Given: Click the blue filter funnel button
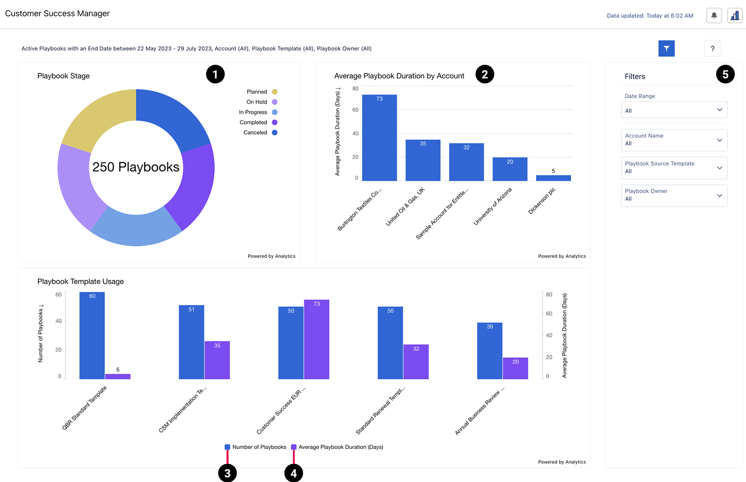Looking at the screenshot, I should pos(666,48).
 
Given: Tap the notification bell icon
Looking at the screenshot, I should pos(714,16).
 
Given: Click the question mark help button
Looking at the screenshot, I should pos(712,49).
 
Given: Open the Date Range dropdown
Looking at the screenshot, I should pos(674,110).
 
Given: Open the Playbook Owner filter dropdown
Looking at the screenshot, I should pos(674,195).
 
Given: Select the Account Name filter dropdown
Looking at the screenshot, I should pos(674,140).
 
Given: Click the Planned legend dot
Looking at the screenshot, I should pos(275,92).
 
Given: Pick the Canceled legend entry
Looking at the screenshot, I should pos(256,133).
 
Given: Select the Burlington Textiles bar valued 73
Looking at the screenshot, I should pos(379,138).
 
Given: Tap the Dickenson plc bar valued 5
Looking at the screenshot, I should pos(553,178).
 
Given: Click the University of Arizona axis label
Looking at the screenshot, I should pos(493,206).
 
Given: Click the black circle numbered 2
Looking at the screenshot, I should pos(485,74).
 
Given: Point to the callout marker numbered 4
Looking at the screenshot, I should pos(293,474).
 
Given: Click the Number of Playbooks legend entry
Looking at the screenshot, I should pos(255,447).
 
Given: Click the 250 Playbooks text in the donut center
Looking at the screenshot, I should pos(136,167).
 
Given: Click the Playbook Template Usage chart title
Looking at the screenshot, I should pos(80,282).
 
